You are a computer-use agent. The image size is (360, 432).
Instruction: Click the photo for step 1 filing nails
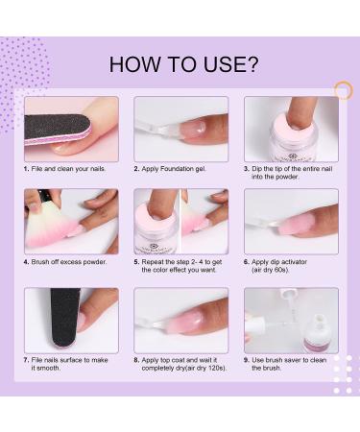point(71,128)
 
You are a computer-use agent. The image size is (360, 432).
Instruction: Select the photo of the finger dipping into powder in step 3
point(290,128)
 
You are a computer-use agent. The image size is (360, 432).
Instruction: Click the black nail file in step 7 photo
point(66,319)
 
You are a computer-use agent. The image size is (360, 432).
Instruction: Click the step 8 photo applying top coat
point(180,320)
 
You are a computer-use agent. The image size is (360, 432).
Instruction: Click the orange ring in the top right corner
point(344,89)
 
